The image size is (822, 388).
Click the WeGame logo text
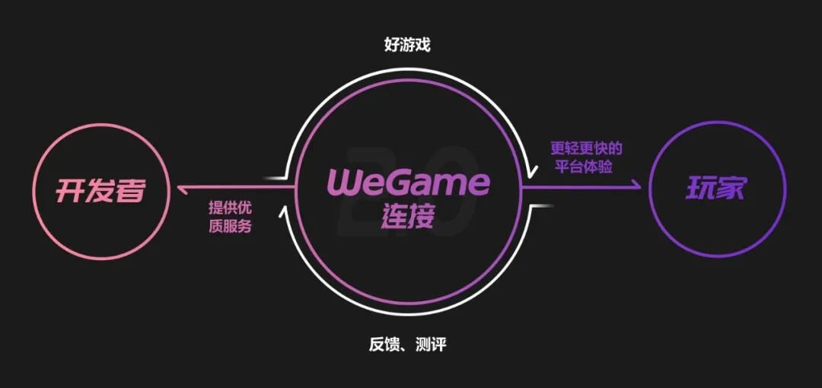(409, 183)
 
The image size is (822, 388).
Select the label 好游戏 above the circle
(407, 45)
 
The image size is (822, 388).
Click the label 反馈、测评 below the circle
(407, 345)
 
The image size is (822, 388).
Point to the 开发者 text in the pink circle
(100, 190)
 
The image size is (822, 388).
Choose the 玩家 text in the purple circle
(715, 188)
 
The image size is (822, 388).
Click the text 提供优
(231, 207)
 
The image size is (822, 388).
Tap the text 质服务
(231, 225)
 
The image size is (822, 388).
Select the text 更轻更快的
(586, 148)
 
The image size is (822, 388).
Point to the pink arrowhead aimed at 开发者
(180, 187)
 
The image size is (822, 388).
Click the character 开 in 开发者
(69, 190)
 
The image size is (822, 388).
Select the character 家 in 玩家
(731, 188)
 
